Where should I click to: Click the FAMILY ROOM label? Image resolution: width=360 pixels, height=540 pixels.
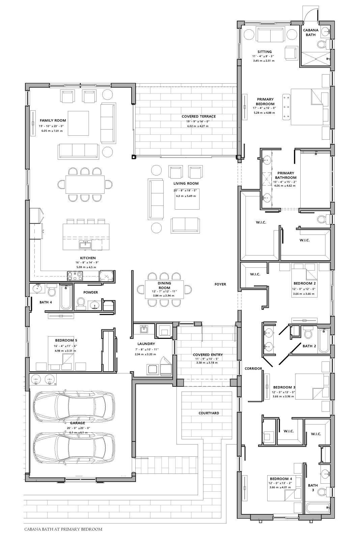coord(53,120)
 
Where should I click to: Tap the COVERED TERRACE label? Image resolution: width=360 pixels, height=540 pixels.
coord(199,116)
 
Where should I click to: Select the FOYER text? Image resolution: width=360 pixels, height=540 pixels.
coord(220,284)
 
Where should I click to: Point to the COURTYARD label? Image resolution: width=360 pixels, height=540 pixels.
coord(209,413)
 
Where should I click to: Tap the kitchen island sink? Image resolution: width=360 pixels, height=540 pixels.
coord(85,245)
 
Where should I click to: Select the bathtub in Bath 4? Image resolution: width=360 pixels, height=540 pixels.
coord(65,297)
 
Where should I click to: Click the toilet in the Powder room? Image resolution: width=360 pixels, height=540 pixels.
coord(81,303)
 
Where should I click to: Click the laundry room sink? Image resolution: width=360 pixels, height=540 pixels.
coord(144,329)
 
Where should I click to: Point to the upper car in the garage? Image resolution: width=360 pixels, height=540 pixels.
coord(74,406)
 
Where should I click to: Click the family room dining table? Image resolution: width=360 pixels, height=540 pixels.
coord(85,184)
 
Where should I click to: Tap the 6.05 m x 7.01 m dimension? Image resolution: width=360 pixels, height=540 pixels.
coord(52,131)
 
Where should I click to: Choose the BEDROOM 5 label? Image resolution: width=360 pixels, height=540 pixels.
coord(66,341)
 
